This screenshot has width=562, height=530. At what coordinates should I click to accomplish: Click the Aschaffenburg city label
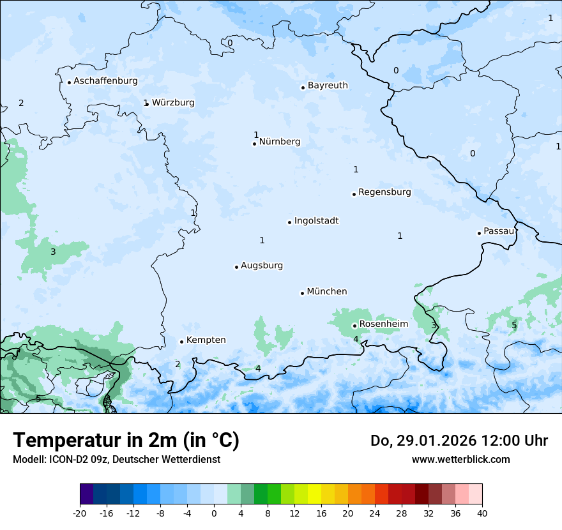(x=105, y=81)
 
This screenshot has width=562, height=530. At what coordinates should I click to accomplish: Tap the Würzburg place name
(x=173, y=102)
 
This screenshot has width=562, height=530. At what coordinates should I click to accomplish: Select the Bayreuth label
(x=328, y=86)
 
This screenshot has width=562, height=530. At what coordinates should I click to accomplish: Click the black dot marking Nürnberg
(x=254, y=144)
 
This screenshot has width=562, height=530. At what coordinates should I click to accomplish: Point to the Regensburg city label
(x=384, y=192)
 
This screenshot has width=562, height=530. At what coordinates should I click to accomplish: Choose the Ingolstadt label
(x=316, y=221)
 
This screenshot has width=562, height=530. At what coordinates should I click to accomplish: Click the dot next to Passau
(x=479, y=233)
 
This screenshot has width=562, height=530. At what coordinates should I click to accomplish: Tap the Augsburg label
(x=262, y=266)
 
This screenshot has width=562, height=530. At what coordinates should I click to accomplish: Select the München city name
(x=327, y=292)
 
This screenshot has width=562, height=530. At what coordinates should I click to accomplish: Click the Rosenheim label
(x=383, y=324)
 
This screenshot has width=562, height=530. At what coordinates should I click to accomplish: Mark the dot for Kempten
(x=181, y=342)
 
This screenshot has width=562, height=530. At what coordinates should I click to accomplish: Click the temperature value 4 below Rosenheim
(x=356, y=339)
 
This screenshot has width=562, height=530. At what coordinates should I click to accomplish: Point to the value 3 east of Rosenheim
(x=434, y=326)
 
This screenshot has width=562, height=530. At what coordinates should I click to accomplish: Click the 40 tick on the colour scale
(x=482, y=513)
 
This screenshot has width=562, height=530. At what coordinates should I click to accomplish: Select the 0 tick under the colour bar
(x=214, y=513)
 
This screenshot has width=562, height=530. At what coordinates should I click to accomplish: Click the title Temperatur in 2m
(x=126, y=440)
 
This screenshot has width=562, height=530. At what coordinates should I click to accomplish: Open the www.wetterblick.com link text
(x=460, y=459)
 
